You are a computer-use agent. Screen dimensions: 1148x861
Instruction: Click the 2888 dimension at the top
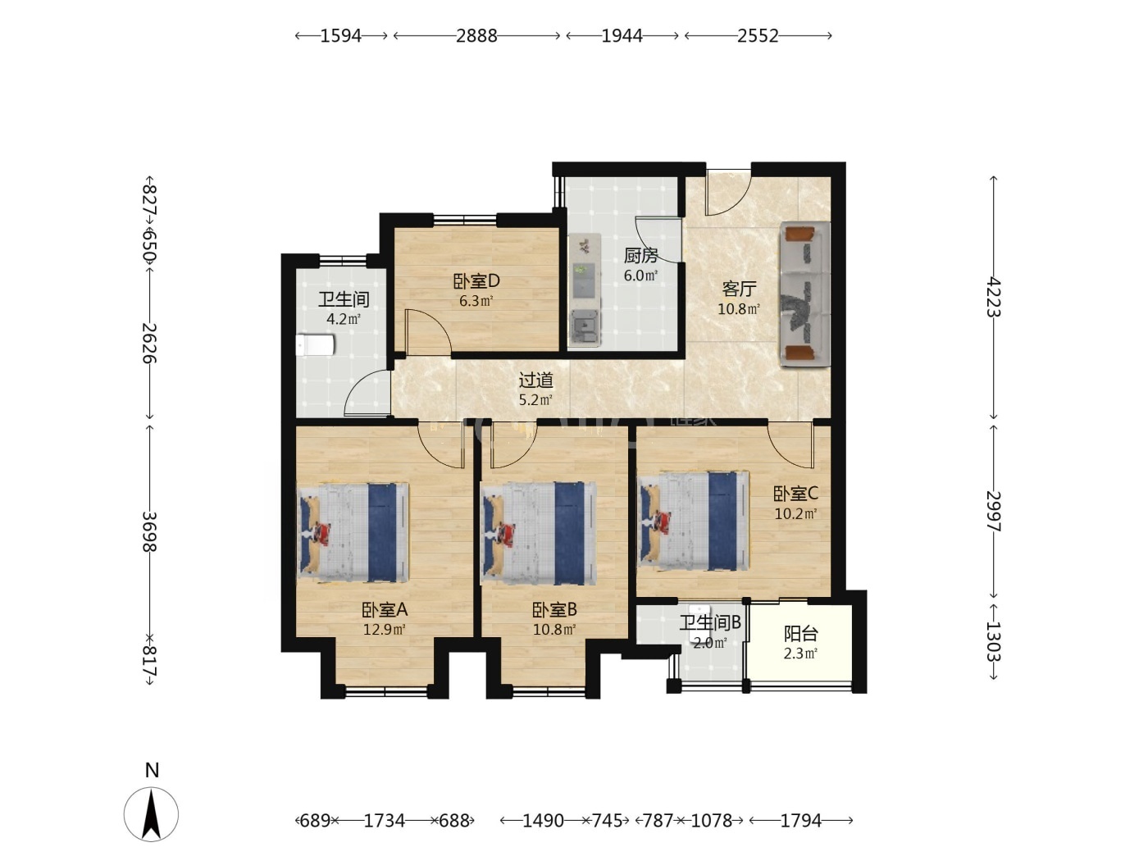476,35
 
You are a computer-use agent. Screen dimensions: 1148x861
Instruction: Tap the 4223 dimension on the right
993,297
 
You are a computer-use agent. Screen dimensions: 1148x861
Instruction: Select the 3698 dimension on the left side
149,531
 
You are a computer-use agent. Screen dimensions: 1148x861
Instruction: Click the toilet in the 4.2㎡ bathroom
315,345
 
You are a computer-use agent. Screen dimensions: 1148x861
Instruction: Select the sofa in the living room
805,294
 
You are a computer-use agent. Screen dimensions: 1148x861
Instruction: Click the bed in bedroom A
353,532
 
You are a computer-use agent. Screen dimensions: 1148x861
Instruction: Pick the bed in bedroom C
693,522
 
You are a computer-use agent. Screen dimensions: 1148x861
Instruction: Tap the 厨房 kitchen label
640,256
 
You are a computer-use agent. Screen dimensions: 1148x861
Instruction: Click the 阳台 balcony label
800,634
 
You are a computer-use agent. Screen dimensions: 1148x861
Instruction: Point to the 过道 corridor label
535,380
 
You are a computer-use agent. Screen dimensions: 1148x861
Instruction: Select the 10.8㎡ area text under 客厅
739,309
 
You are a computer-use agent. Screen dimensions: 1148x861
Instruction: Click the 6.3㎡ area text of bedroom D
476,301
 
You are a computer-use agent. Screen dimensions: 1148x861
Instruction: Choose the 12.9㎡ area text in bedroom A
385,629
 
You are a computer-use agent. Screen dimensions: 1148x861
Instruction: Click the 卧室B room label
554,609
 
